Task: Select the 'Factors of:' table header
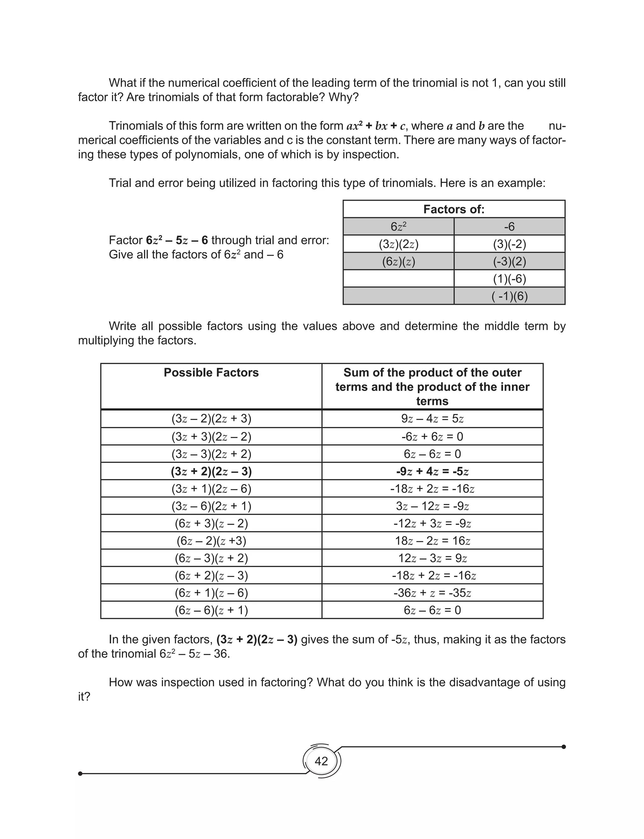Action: tap(454, 209)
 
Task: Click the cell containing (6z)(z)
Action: tap(398, 262)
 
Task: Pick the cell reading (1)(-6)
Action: tap(509, 279)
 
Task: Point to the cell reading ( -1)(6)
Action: tap(509, 296)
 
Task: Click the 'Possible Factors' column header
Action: tap(211, 373)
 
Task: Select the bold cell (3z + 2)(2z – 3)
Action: tap(211, 471)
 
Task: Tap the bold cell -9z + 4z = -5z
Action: tap(432, 471)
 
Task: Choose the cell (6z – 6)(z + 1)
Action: tap(211, 610)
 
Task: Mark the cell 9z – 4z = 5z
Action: tap(432, 419)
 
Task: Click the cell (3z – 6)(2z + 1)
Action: tap(211, 506)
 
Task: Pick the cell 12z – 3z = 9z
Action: tap(432, 558)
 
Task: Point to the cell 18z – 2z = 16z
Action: tap(432, 541)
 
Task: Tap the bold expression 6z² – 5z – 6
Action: tap(177, 240)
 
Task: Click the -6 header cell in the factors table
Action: tap(509, 227)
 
